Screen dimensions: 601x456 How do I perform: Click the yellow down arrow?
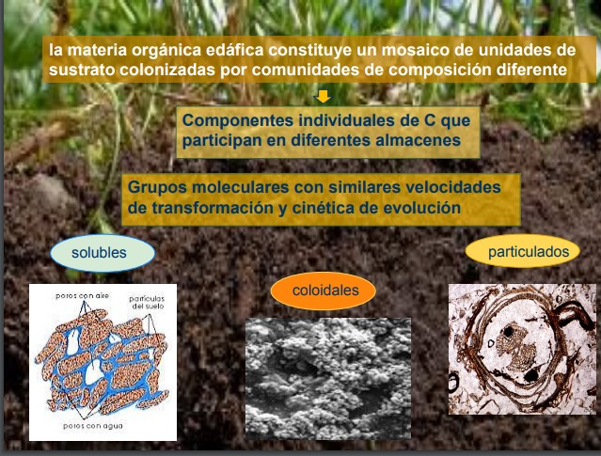click(324, 96)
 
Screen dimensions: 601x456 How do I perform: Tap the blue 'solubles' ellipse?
click(103, 253)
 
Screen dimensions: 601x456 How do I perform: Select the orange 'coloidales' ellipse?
click(324, 291)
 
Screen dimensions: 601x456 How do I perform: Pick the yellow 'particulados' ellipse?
click(522, 251)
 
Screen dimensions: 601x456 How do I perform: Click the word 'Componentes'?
click(237, 121)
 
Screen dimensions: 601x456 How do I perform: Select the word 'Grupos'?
click(157, 188)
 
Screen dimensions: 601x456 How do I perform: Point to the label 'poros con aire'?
click(83, 296)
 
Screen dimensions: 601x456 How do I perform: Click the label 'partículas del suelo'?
click(147, 303)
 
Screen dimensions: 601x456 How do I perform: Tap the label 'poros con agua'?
click(93, 426)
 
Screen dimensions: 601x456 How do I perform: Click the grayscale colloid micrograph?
click(328, 378)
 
